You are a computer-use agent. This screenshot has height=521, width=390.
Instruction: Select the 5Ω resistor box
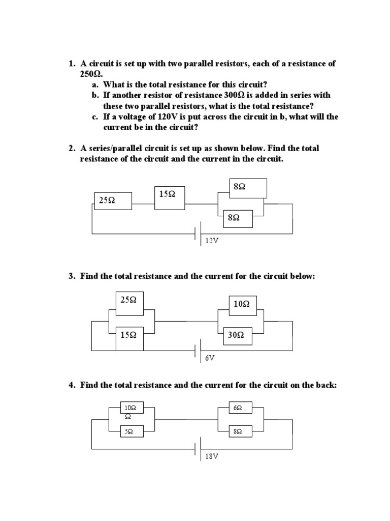click(x=130, y=431)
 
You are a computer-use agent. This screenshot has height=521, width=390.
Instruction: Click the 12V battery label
click(x=212, y=240)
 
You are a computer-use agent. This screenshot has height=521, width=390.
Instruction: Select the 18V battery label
click(x=212, y=456)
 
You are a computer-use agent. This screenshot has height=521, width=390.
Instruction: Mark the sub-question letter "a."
click(x=95, y=84)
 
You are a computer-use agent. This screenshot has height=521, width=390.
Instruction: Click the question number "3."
click(x=72, y=276)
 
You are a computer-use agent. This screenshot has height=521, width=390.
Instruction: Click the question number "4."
click(x=72, y=385)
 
